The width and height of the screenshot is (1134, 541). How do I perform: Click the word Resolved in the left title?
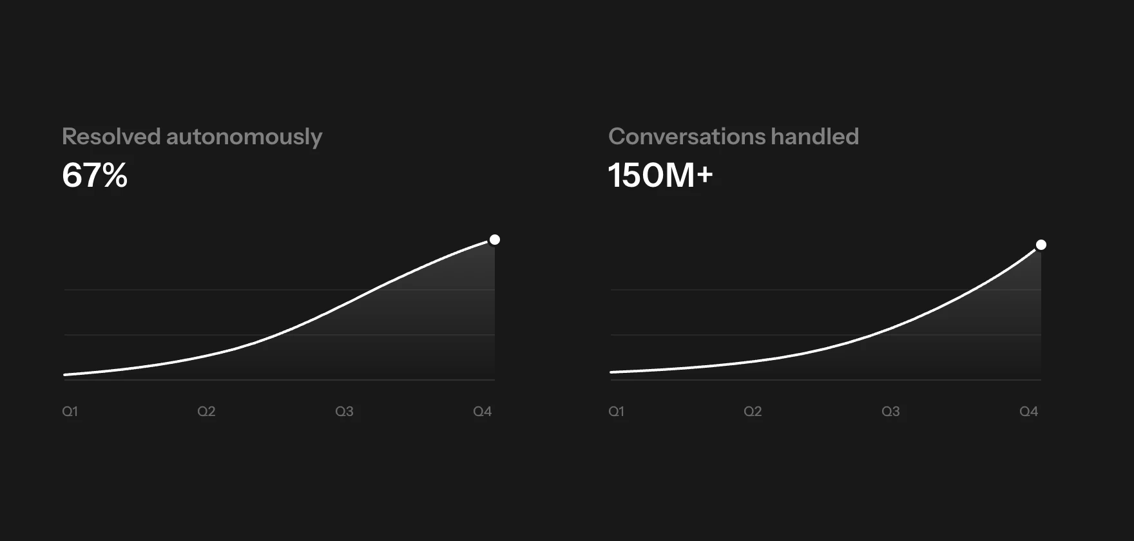point(111,137)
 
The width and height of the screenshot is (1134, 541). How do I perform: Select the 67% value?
point(95,175)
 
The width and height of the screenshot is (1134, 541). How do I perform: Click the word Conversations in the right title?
point(686,137)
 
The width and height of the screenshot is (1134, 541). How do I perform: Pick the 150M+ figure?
point(660,175)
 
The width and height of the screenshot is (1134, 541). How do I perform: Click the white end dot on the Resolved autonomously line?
point(495,240)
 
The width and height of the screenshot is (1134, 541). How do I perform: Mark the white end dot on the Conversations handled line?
point(1041,245)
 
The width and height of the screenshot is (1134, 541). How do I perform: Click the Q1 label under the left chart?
point(70,412)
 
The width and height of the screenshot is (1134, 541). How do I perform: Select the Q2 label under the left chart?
point(206,412)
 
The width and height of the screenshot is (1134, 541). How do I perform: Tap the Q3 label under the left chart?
point(344,412)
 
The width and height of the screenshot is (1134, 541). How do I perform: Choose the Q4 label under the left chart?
point(483,412)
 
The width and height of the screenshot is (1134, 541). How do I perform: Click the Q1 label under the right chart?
point(616,412)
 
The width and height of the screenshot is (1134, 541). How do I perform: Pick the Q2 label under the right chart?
point(753,412)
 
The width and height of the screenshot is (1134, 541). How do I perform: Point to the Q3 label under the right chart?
point(890,412)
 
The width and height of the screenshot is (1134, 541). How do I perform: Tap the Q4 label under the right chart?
point(1029,412)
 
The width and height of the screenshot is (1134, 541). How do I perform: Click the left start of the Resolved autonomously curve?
point(64,374)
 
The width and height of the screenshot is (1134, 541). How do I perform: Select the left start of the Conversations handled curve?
point(611,372)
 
